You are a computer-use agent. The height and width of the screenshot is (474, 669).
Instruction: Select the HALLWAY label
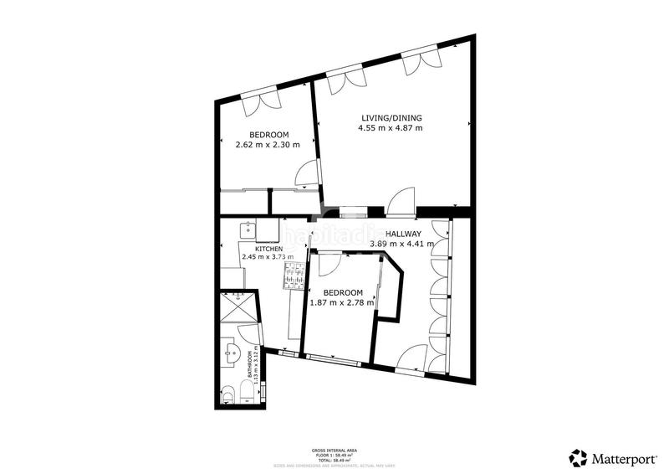pos(415,234)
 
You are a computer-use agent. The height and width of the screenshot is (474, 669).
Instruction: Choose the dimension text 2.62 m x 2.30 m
pos(268,146)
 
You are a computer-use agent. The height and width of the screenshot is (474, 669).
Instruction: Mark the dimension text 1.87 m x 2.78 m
pos(342,303)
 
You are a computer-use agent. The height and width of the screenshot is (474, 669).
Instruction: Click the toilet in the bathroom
pos(231,394)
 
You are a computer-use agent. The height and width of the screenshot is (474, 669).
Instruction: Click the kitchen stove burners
pos(294,277)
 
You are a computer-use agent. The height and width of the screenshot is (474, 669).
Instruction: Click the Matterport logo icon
pos(579,457)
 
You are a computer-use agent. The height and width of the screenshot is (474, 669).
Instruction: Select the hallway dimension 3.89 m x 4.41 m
pos(402,245)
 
